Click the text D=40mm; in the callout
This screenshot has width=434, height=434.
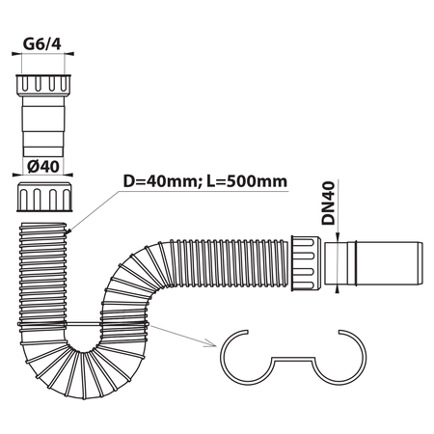[160, 181]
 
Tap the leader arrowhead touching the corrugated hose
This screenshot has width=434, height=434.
[68, 231]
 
